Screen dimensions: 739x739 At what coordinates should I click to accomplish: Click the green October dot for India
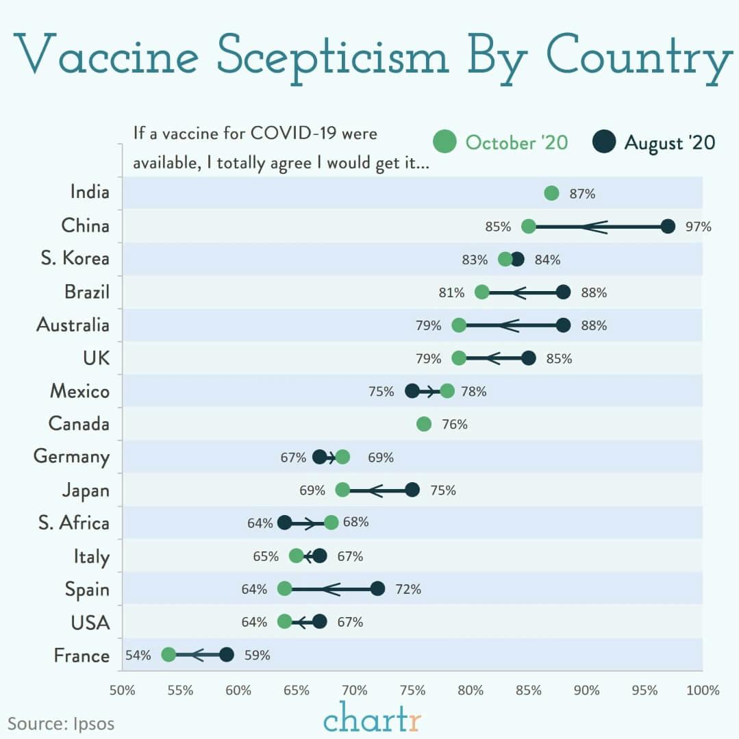click(x=552, y=193)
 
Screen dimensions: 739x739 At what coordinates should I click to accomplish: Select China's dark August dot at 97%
click(x=668, y=226)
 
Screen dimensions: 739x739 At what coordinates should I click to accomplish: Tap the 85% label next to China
click(x=498, y=227)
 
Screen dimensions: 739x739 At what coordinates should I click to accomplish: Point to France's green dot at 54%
click(x=168, y=655)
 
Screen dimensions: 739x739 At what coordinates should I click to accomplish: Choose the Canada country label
click(x=79, y=424)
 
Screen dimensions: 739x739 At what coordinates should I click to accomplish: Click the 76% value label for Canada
click(x=455, y=425)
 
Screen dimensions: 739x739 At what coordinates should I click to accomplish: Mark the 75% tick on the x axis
click(x=412, y=690)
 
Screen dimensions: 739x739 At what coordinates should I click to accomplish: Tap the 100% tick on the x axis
click(x=702, y=690)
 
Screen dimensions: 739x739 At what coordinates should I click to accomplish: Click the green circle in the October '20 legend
click(x=444, y=142)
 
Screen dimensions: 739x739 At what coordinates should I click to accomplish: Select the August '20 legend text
click(x=669, y=142)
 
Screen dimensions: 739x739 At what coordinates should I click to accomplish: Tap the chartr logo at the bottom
click(x=372, y=721)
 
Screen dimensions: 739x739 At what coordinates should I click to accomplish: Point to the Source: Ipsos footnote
click(x=61, y=723)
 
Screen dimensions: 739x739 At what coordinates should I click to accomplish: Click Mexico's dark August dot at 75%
click(x=412, y=391)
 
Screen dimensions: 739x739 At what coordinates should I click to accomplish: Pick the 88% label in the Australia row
click(x=594, y=326)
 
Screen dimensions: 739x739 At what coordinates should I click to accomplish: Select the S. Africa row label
click(x=74, y=523)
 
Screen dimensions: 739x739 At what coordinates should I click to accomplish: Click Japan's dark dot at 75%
click(x=412, y=490)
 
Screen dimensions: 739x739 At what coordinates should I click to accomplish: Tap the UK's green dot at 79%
click(x=459, y=358)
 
